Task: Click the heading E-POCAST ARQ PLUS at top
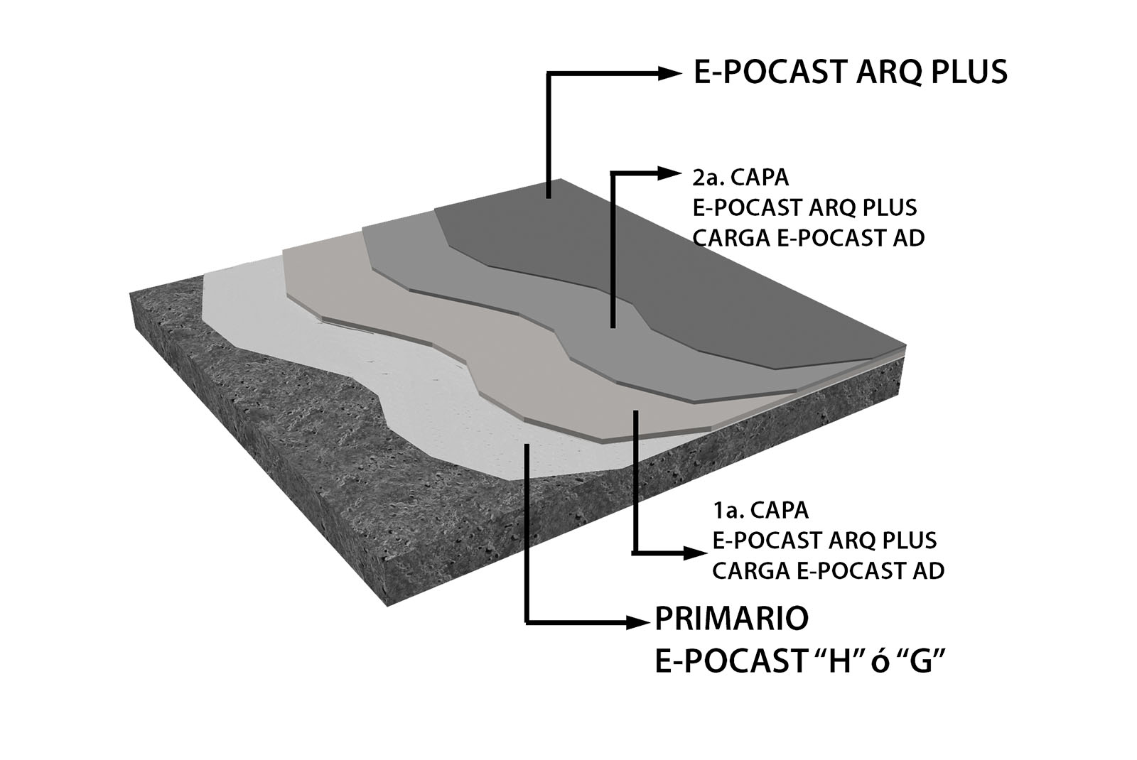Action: point(850,72)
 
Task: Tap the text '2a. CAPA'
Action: point(739,176)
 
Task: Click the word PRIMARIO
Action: point(731,619)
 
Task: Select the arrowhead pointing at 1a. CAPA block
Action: point(693,553)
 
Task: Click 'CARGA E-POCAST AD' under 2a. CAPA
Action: point(808,238)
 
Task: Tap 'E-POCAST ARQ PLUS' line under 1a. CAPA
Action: point(824,541)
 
